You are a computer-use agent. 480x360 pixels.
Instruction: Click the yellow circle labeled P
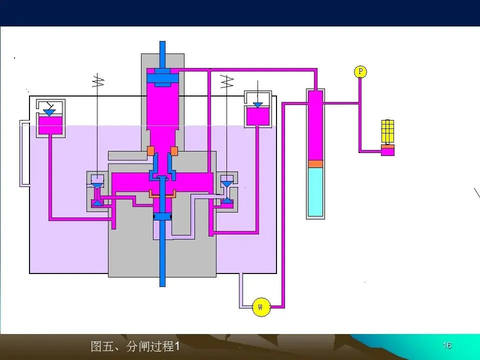tap(360, 72)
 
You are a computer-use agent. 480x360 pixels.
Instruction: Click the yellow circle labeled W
tap(260, 306)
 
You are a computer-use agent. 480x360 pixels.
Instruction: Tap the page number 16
tap(447, 345)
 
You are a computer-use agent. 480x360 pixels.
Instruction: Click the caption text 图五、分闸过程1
tap(135, 346)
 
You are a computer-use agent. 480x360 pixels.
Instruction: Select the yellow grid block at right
tap(388, 131)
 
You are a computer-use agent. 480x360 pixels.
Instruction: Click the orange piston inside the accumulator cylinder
tap(315, 163)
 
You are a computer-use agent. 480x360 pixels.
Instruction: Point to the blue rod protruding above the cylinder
tap(162, 53)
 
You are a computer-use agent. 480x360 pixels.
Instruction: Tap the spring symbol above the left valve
tap(98, 80)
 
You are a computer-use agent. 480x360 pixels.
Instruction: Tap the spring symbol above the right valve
tap(227, 80)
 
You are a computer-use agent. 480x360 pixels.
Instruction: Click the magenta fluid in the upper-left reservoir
tap(50, 125)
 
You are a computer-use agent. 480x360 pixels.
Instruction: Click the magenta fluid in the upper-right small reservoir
tap(257, 116)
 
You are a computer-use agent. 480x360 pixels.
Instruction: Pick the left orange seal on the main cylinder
tap(150, 150)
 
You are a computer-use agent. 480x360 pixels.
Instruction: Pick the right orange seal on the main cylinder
tap(174, 150)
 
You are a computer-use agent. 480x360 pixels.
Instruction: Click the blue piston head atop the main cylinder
tap(162, 77)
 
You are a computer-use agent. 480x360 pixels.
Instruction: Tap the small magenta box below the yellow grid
tap(387, 150)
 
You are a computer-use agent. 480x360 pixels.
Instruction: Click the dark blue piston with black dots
tap(162, 216)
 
